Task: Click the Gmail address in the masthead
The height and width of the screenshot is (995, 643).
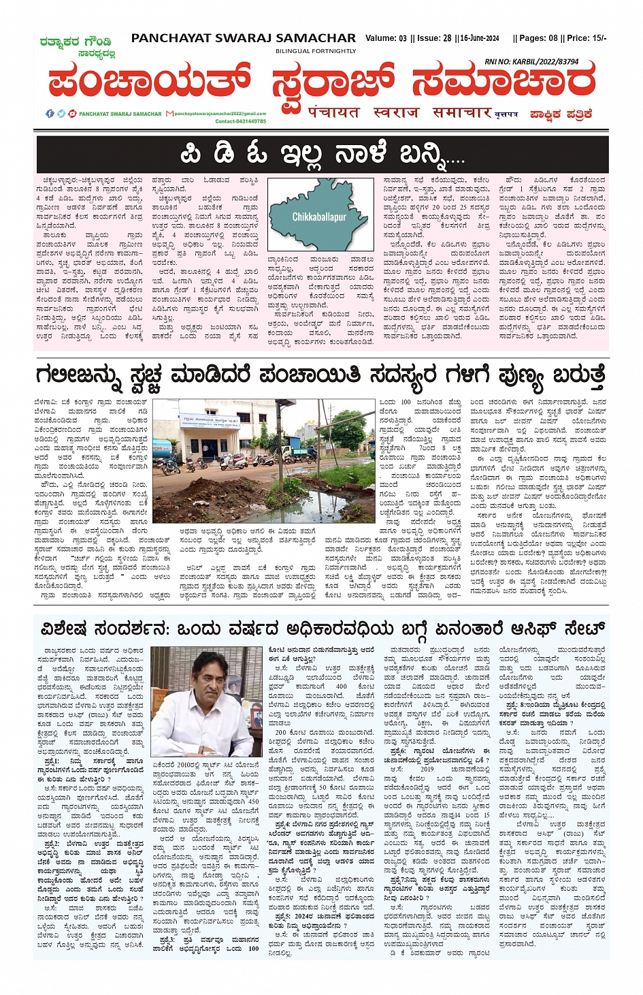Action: click(220, 114)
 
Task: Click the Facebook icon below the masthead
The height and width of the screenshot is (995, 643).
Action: click(50, 114)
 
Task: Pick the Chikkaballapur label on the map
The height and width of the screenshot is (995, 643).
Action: click(318, 217)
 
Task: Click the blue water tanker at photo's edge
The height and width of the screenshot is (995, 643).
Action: click(161, 450)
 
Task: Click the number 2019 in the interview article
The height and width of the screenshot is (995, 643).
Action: click(427, 769)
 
